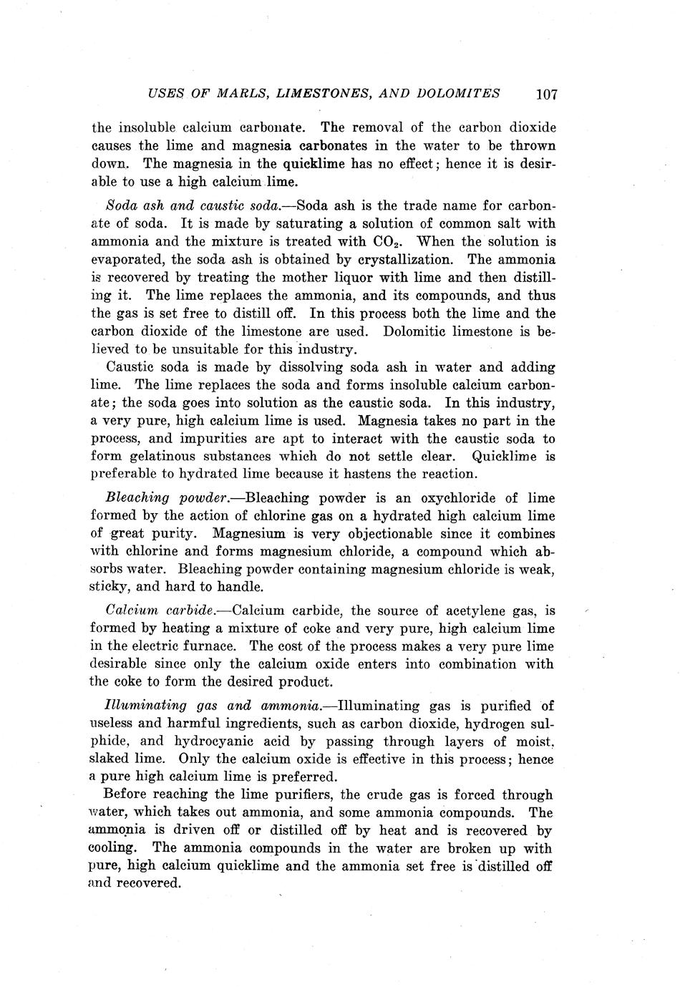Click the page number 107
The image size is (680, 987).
(545, 94)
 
